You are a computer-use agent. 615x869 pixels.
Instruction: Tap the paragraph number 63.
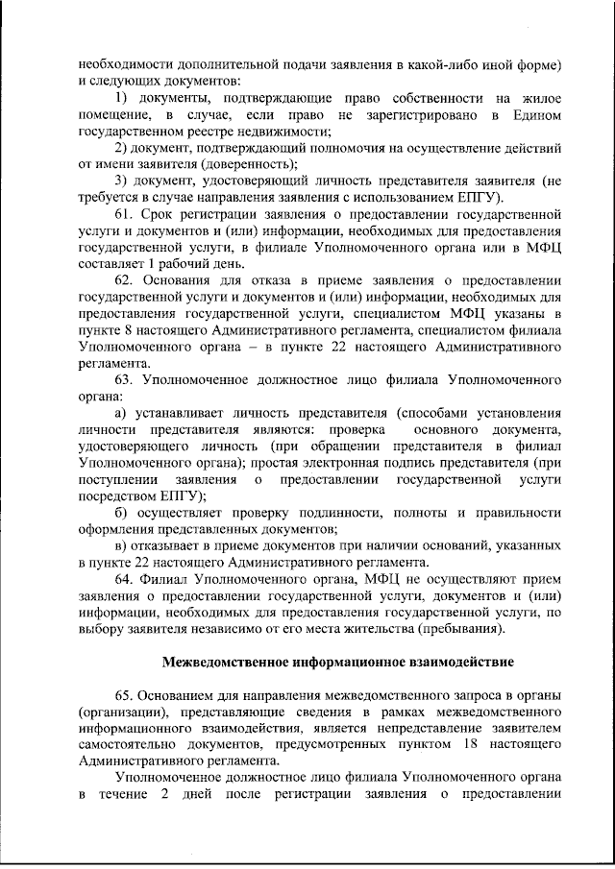tap(126, 380)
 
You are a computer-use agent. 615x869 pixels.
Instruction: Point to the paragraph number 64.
tap(126, 580)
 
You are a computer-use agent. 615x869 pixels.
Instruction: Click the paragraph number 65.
tap(126, 694)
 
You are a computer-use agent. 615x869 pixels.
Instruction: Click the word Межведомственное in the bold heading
tap(223, 662)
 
